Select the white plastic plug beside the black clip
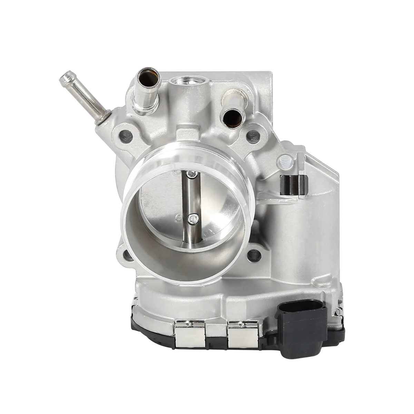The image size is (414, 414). click(284, 160)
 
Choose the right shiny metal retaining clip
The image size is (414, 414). click(243, 334)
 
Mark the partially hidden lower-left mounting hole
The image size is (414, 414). click(126, 254)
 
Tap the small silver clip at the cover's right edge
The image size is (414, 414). click(340, 313)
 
